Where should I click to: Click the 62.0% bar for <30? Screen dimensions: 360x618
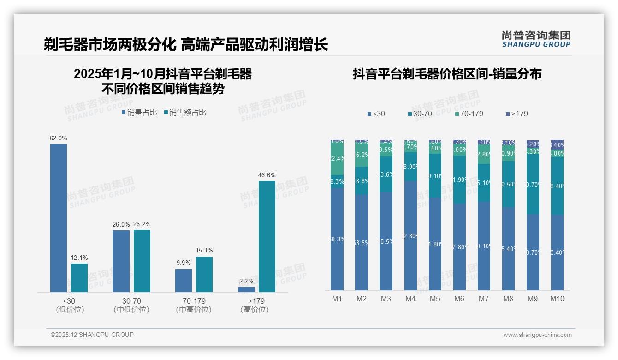(x=59, y=218)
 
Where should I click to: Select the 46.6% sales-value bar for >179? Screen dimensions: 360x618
(x=267, y=236)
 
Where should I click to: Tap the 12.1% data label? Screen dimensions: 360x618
(x=79, y=258)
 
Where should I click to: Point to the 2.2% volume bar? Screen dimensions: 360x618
(x=246, y=289)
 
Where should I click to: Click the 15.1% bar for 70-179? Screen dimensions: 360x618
(x=204, y=274)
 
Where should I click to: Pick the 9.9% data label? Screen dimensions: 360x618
(x=183, y=263)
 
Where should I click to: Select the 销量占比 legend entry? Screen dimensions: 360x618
(x=139, y=113)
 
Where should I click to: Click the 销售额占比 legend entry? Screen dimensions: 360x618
(x=185, y=113)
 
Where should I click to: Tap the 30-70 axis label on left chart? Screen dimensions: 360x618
(x=131, y=301)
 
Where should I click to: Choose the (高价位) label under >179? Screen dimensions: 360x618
(x=254, y=310)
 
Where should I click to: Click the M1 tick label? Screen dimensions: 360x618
(x=337, y=299)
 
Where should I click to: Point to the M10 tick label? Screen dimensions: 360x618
(x=557, y=299)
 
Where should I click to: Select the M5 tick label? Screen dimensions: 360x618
(x=435, y=299)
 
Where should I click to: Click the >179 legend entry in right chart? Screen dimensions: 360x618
(x=517, y=114)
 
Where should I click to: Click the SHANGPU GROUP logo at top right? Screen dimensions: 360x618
(x=536, y=39)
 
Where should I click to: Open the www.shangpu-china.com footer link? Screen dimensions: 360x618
(x=537, y=335)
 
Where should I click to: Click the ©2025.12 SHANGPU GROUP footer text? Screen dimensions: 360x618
(x=92, y=335)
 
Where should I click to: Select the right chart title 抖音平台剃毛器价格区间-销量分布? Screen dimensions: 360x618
(x=446, y=74)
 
